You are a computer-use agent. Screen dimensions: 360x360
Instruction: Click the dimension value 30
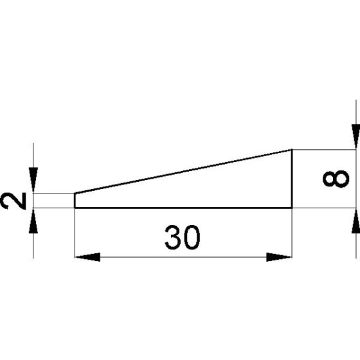click(x=183, y=238)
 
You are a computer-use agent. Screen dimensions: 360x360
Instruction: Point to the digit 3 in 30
click(x=172, y=238)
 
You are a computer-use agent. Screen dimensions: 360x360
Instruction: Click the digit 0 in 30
click(x=192, y=238)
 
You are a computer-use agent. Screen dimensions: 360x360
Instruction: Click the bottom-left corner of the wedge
click(x=75, y=208)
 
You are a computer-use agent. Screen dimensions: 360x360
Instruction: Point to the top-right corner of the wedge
click(x=292, y=150)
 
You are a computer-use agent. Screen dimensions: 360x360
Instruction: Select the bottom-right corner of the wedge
click(x=292, y=208)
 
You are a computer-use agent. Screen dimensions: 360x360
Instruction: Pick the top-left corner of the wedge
click(x=75, y=194)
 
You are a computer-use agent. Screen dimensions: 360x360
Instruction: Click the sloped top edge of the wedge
click(x=184, y=172)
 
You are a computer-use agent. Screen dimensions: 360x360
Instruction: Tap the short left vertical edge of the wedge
click(x=75, y=201)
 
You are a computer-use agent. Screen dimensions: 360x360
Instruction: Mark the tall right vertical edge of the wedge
click(x=292, y=179)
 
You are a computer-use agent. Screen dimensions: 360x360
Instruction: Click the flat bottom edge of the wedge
click(x=184, y=208)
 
